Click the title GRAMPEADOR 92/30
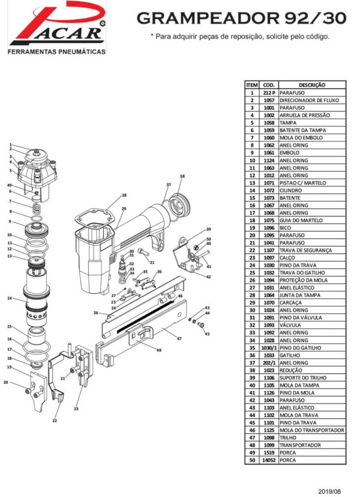[241, 19]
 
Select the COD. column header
[269, 86]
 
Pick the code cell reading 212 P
[269, 93]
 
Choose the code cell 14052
[269, 460]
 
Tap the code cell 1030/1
[269, 348]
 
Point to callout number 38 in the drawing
[182, 176]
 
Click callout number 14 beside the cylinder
[9, 298]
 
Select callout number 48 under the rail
[158, 350]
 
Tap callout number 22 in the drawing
[54, 421]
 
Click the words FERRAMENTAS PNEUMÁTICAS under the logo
[56, 52]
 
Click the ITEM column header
[252, 86]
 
